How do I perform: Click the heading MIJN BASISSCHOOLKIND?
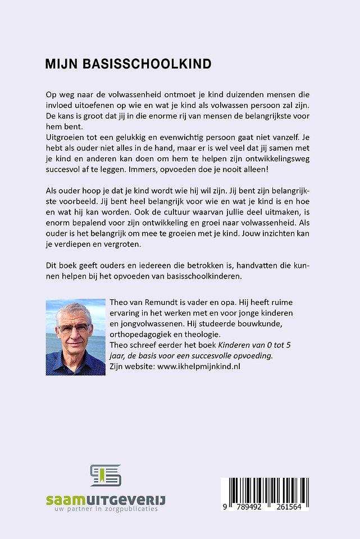[x=128, y=64]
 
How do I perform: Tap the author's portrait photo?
[x=75, y=337]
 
